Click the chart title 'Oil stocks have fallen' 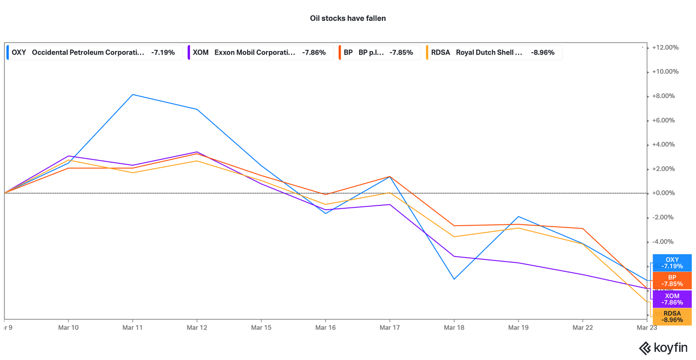click(x=348, y=18)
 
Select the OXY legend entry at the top click(x=94, y=52)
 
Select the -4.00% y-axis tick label click(x=665, y=242)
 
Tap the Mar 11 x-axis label click(x=132, y=328)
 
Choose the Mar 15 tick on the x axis click(x=261, y=328)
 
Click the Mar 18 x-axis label click(x=454, y=328)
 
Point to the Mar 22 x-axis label click(x=582, y=328)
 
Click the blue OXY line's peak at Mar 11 click(x=132, y=95)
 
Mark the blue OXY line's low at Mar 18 click(x=454, y=279)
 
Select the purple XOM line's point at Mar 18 click(x=454, y=256)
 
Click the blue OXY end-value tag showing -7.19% click(x=672, y=263)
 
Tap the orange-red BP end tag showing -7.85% click(x=672, y=281)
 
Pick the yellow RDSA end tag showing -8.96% click(x=672, y=317)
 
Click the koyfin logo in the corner click(x=663, y=347)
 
